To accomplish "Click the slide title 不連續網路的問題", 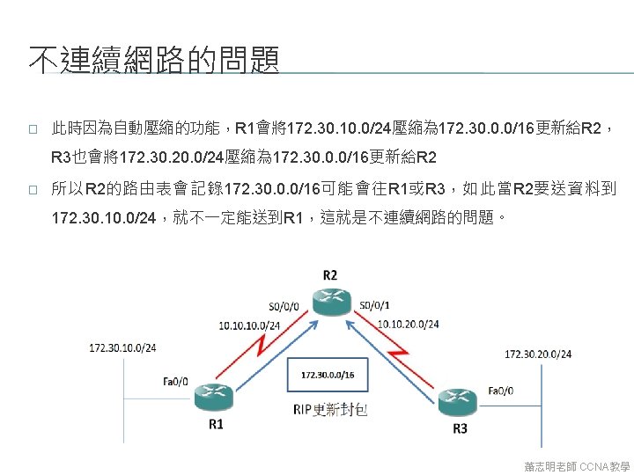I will [x=154, y=61].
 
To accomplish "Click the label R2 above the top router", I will [x=328, y=274].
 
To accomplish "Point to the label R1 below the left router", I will [x=216, y=425].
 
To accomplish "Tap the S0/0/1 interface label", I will [x=374, y=305].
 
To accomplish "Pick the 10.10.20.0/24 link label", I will [x=408, y=324].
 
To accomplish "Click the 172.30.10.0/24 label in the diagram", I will [x=122, y=347].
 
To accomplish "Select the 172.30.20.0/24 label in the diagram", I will [x=537, y=354].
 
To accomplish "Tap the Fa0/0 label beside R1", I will [x=175, y=381].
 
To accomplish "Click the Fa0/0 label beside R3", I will [x=501, y=390].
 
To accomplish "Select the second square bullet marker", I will [x=32, y=190].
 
